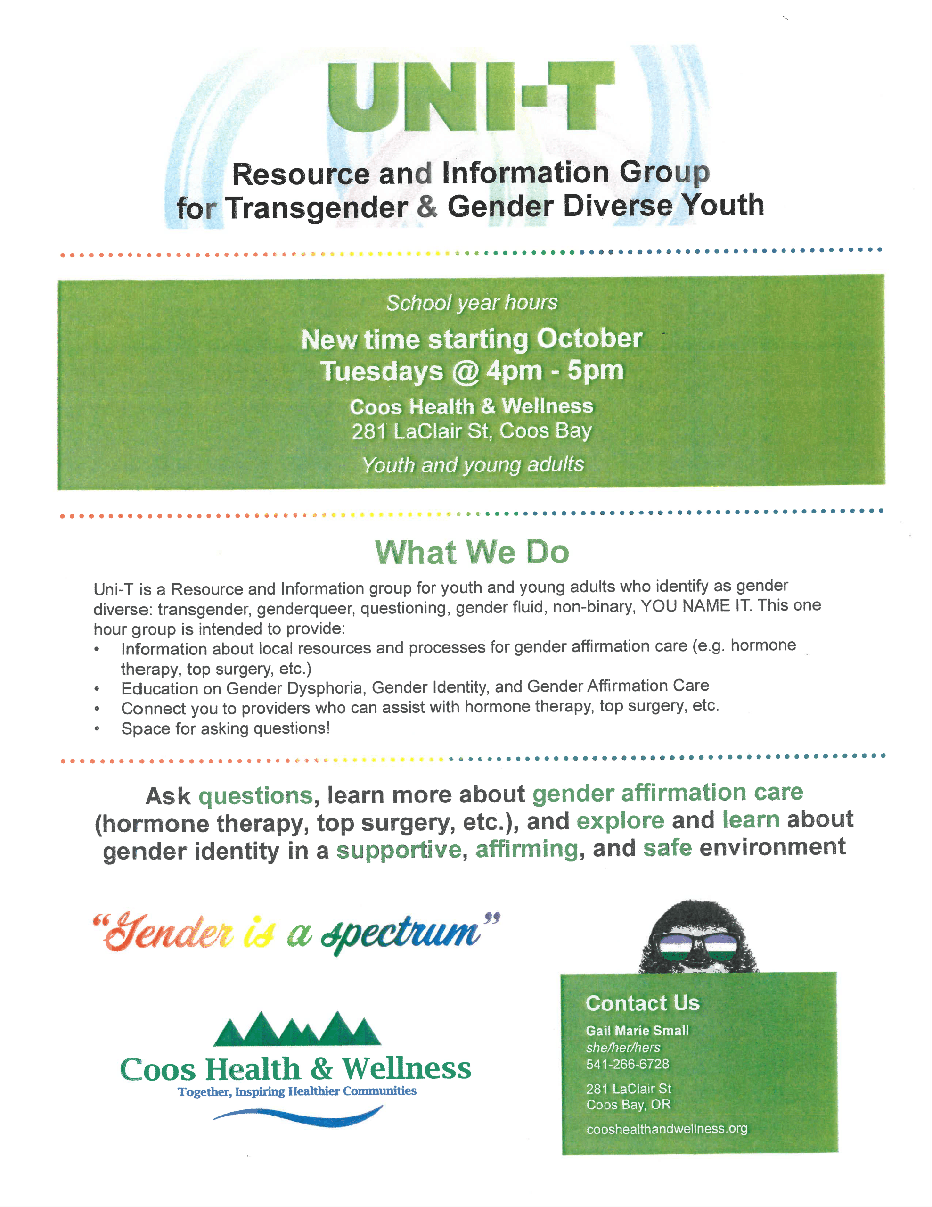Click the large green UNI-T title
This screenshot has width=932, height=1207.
point(471,97)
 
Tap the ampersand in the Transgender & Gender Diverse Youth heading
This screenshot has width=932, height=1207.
point(426,206)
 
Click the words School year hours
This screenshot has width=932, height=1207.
point(471,303)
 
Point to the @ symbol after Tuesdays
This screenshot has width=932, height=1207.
point(465,372)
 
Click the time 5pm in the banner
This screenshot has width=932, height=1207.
point(595,370)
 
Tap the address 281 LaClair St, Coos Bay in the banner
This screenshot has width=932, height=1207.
point(471,431)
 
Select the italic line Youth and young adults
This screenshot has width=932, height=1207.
point(472,465)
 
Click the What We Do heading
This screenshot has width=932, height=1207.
point(471,552)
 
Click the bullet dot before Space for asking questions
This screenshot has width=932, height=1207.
point(97,729)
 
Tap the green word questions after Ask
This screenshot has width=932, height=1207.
point(256,796)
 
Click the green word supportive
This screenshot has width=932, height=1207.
point(398,850)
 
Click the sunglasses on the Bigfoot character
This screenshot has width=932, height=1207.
point(697,948)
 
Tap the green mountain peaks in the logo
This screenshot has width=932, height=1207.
point(297,1029)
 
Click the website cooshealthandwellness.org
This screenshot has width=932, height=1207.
point(666,1129)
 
